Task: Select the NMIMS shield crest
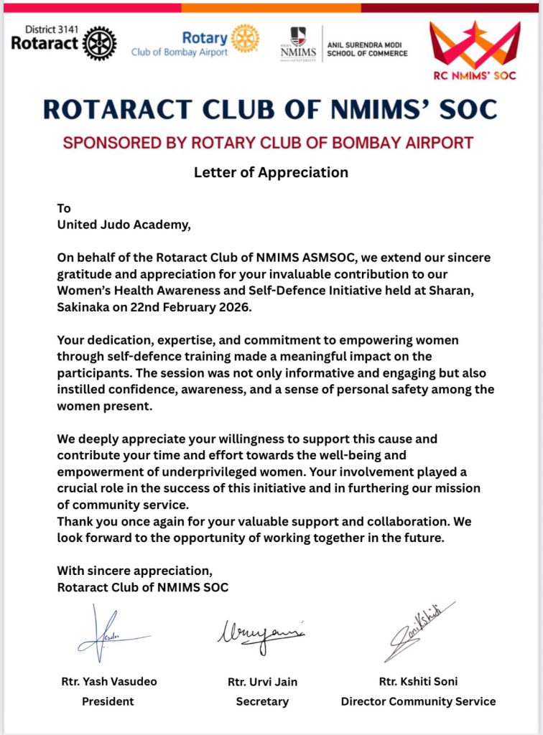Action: (x=297, y=35)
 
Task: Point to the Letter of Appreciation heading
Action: (x=271, y=172)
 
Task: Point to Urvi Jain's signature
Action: (x=261, y=633)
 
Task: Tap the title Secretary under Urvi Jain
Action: (x=262, y=701)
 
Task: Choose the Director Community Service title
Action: (x=418, y=701)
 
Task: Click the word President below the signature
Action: (x=108, y=701)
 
